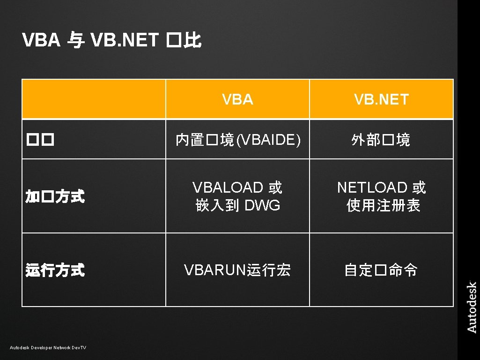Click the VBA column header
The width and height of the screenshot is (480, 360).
[x=237, y=99]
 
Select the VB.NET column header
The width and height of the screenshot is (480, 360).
[x=381, y=99]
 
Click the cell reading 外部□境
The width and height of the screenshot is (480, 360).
[x=381, y=140]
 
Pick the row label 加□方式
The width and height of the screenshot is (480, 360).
[x=55, y=197]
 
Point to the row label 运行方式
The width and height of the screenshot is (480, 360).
[x=55, y=270]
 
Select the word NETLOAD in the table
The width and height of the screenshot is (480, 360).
[x=372, y=187]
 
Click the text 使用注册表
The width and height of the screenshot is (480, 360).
[x=383, y=205]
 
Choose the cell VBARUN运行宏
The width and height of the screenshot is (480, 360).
[x=237, y=270]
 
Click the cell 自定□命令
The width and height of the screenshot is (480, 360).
[x=381, y=270]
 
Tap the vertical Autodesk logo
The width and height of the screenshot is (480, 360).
[x=472, y=307]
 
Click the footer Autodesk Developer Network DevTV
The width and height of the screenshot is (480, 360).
[x=48, y=347]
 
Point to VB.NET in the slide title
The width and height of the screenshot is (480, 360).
[x=125, y=41]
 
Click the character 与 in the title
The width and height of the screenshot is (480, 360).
[x=75, y=41]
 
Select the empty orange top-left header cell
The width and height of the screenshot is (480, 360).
[x=94, y=99]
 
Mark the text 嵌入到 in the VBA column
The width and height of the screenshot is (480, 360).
[x=214, y=205]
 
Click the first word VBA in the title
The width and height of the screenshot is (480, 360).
[x=41, y=41]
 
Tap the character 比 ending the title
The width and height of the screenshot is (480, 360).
[x=192, y=41]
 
